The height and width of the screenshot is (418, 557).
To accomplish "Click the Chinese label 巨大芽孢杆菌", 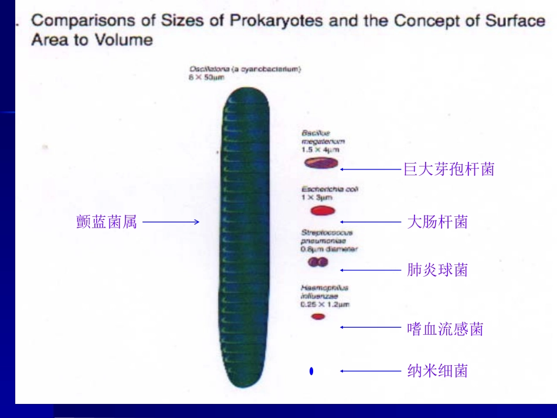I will point(449,169).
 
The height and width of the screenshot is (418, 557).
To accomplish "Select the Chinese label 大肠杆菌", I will point(437,222).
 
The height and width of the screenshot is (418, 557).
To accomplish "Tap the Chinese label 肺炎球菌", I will point(437,270).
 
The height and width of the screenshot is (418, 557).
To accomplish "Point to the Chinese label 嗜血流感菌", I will point(445,328).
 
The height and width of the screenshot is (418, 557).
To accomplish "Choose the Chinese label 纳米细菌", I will point(437,371).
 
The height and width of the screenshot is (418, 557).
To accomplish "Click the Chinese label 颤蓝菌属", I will point(107,222).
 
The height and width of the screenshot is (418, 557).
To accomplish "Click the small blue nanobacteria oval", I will point(311,371).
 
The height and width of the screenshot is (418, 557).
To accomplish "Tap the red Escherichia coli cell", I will point(322,210).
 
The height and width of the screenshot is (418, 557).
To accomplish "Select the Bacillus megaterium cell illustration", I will point(321,164).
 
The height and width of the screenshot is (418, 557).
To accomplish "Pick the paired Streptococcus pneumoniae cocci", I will point(318,263).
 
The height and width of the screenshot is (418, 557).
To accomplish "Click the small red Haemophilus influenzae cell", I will point(318,317).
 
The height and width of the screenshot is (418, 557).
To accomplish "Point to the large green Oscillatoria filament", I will point(245,235).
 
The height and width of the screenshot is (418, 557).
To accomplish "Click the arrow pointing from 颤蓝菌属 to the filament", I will point(171,222).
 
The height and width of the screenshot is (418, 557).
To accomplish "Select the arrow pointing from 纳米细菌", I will point(369,371).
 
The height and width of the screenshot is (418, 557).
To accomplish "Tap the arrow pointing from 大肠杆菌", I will point(369,222).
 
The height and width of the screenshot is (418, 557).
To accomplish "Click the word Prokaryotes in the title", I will point(276,21).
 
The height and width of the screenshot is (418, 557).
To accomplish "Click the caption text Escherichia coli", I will point(330,189).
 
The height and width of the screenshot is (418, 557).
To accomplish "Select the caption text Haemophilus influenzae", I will point(324,292).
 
